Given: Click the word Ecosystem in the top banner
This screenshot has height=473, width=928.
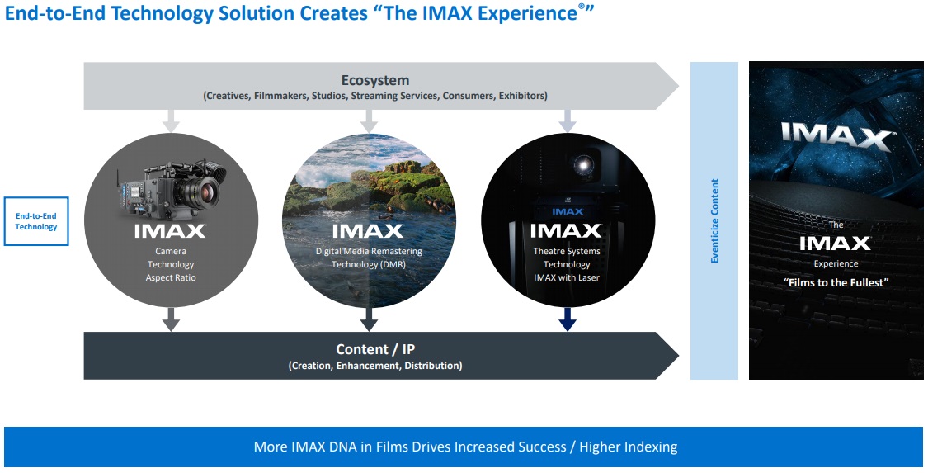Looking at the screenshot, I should pyautogui.click(x=374, y=80).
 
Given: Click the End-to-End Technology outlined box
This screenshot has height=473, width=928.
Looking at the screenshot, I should pyautogui.click(x=36, y=221).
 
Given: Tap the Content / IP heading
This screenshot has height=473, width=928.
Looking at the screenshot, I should pyautogui.click(x=374, y=349).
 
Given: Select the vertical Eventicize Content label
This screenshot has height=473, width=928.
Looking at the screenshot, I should pyautogui.click(x=714, y=221).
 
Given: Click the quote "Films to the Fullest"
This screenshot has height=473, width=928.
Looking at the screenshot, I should pyautogui.click(x=836, y=282).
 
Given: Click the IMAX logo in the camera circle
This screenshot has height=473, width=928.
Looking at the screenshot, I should pyautogui.click(x=170, y=231).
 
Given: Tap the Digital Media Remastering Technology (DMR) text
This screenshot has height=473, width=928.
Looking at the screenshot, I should pyautogui.click(x=369, y=258).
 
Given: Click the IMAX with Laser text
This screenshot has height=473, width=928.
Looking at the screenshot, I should pyautogui.click(x=567, y=277).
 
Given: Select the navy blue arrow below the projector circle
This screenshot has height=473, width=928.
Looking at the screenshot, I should pyautogui.click(x=567, y=320).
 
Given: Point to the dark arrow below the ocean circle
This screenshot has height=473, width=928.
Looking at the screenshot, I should pyautogui.click(x=369, y=320).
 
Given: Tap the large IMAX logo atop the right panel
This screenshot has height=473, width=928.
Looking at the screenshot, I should pyautogui.click(x=836, y=135).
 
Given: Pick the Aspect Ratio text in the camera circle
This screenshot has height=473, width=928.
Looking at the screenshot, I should pyautogui.click(x=170, y=277).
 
